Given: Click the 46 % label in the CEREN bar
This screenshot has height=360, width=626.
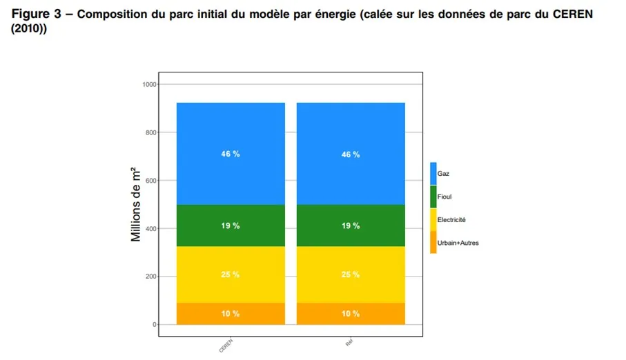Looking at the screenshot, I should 231,154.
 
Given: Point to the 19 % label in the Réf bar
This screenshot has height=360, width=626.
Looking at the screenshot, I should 351,226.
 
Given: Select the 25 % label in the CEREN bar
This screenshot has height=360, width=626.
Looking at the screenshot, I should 231,274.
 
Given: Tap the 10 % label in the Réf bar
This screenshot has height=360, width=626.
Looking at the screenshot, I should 351,314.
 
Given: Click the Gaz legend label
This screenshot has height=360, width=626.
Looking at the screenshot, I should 443,174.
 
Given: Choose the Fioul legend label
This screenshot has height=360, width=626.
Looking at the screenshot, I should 444,197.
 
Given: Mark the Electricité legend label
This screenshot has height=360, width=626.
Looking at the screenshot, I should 451,219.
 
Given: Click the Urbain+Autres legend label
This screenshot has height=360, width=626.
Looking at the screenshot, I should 458,243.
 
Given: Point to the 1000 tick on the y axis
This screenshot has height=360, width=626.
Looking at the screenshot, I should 148,84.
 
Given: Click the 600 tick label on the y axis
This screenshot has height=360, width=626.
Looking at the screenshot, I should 150,181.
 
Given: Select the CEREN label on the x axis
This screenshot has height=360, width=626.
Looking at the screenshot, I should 226,346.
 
